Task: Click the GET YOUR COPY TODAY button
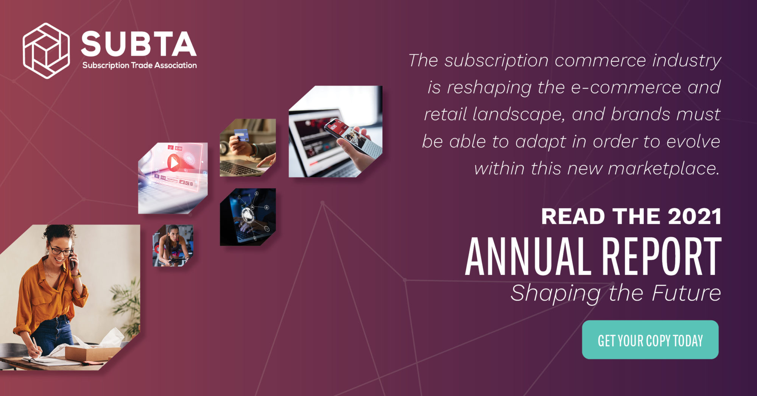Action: tap(650, 340)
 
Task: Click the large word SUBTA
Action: tap(139, 44)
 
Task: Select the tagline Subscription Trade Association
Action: tap(140, 65)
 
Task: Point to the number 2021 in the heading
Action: tap(695, 217)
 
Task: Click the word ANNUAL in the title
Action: tap(528, 256)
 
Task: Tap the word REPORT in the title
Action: tap(662, 256)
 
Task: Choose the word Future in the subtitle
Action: tap(686, 293)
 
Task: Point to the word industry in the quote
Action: tap(687, 61)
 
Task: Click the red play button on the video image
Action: tap(174, 163)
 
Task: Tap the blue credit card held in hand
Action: tap(241, 135)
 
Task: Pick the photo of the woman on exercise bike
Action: tap(173, 246)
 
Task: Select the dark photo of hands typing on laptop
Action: tap(248, 217)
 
